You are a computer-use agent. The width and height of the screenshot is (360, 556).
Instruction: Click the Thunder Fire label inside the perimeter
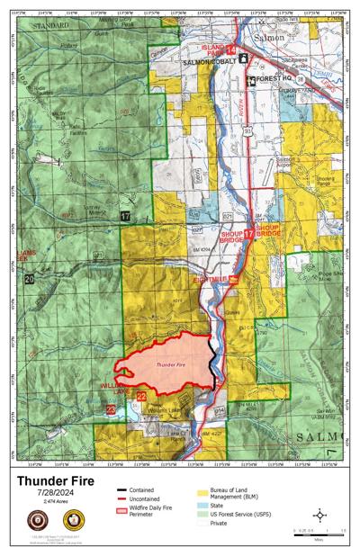tap(170, 365)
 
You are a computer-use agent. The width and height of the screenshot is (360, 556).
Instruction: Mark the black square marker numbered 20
tap(30, 281)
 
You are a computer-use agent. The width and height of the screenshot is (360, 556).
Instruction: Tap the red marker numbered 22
tap(141, 395)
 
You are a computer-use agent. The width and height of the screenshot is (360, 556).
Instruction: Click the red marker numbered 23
tap(111, 409)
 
